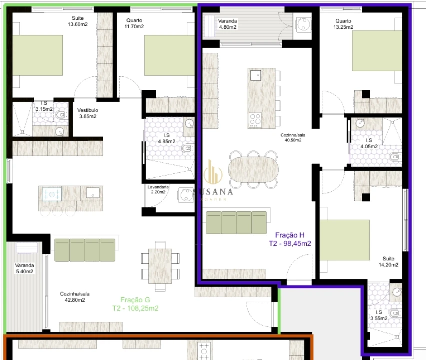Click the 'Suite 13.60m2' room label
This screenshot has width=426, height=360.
[77, 21]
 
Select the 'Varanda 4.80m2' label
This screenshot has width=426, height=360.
[228, 24]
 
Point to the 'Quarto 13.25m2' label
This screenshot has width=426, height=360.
[343, 24]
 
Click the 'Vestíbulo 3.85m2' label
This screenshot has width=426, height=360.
[88, 113]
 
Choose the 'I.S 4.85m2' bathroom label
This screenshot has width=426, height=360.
[167, 138]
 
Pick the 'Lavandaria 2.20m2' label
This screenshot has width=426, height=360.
[158, 189]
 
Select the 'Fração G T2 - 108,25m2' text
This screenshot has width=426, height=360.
[135, 304]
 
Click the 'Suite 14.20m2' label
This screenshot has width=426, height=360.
[388, 262]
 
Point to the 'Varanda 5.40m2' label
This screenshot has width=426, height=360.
[24, 268]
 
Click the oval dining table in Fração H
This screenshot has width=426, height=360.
[253, 169]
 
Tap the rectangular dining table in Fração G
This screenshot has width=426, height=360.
[160, 263]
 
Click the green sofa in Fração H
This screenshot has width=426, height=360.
[237, 223]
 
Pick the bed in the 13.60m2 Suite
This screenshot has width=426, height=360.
[37, 54]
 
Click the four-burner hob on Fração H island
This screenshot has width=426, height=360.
[255, 119]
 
